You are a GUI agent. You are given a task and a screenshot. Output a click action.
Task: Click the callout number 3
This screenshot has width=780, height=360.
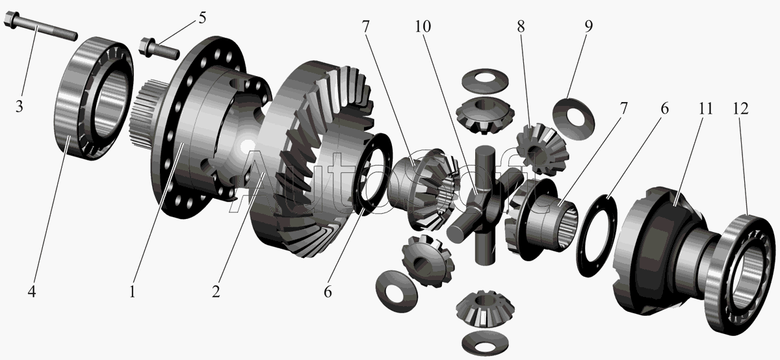pos(19,106)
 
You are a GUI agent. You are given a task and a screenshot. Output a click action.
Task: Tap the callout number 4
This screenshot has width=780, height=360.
pos(32,291)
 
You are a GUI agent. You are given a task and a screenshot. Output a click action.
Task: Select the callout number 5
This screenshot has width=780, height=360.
pos(202,18)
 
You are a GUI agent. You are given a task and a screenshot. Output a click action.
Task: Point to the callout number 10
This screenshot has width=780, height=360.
pos(422,27)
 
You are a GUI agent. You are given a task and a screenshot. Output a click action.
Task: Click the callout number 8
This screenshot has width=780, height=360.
pos(521,27)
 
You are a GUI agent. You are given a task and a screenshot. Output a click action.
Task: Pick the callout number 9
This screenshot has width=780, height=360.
pos(588,27)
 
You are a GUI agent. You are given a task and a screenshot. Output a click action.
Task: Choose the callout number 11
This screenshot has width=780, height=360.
pos(705,109)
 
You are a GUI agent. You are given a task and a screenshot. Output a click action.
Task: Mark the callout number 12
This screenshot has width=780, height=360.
pos(740,109)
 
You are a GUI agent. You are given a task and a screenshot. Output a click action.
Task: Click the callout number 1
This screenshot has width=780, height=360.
pos(133,291)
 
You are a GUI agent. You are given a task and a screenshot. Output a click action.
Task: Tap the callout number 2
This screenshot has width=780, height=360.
pos(216,291)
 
